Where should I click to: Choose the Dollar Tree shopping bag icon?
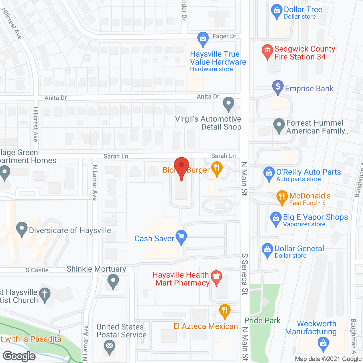point(277,11)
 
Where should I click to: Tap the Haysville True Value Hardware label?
point(218,58)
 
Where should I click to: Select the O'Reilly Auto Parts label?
point(309,172)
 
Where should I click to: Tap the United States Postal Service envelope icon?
point(109,346)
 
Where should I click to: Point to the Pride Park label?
point(262,321)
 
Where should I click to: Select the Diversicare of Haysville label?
point(70,230)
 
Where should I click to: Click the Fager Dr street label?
point(224,36)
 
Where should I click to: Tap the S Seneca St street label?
point(244,274)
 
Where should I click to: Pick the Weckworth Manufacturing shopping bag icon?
point(323,343)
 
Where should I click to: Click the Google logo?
point(19,356)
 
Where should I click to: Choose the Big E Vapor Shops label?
point(315,217)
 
